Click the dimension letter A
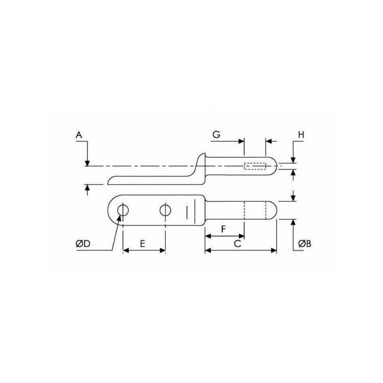(x=79, y=135)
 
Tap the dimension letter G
(x=216, y=135)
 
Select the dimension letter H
(x=301, y=135)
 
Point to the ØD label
(x=83, y=244)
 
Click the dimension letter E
(x=142, y=244)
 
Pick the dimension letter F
(x=223, y=229)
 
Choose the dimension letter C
(x=237, y=244)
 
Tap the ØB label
(x=304, y=244)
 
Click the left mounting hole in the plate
(x=123, y=210)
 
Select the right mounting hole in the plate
(x=165, y=210)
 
